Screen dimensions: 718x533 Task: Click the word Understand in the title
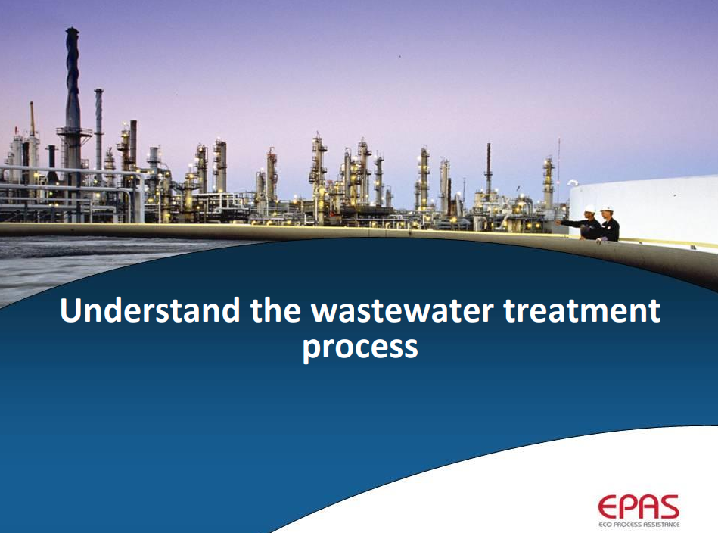[x=150, y=310]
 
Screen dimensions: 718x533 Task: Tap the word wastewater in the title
[x=402, y=310]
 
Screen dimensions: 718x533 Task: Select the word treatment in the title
[x=582, y=310]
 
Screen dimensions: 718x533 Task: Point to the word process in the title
[x=360, y=347]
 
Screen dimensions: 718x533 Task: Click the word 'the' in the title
[x=275, y=310]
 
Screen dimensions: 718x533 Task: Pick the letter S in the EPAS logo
[x=669, y=507]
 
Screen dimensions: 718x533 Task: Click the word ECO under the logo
[x=605, y=524]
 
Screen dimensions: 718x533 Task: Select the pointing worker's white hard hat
[x=589, y=209]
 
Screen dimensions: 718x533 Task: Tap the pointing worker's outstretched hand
[x=558, y=221]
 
